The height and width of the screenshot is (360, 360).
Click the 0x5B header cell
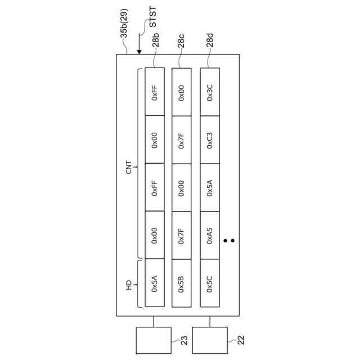coord(181,283)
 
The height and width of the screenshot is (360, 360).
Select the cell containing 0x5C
coord(210,283)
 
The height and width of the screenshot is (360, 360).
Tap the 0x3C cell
coord(210,92)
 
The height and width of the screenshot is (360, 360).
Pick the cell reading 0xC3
coord(210,139)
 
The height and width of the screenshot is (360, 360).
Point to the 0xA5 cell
coord(210,235)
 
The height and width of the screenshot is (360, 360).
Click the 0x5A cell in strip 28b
coord(155,283)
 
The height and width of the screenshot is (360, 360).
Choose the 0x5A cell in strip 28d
coord(210,187)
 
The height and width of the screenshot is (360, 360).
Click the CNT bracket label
coord(129,163)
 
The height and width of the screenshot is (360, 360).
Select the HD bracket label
coord(129,283)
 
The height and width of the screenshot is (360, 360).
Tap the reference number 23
coord(183,339)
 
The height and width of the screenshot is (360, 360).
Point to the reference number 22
coord(240,339)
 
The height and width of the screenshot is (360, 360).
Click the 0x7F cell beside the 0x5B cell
coord(181,235)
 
